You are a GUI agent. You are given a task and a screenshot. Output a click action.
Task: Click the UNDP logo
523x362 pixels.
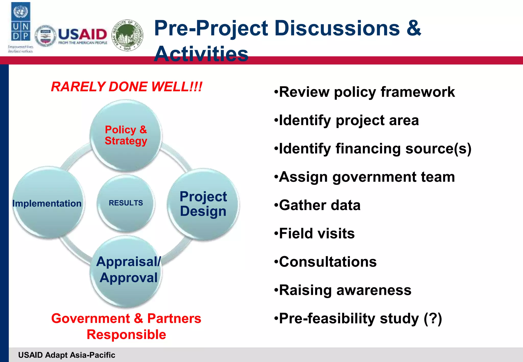click(21, 26)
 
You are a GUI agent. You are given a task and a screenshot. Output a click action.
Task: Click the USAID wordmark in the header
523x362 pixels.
click(82, 35)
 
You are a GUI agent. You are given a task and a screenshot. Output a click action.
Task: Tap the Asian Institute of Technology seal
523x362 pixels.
click(128, 35)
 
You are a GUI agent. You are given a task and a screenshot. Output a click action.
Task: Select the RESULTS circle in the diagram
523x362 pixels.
click(126, 203)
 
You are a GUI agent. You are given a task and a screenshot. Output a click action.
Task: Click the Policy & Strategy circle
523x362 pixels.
click(126, 135)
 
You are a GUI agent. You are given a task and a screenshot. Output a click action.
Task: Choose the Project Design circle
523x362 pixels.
click(203, 204)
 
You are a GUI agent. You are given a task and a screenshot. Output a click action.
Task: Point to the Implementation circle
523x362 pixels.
click(47, 203)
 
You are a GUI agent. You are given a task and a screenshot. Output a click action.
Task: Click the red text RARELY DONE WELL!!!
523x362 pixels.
click(127, 87)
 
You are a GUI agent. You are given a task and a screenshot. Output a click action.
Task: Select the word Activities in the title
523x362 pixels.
click(201, 54)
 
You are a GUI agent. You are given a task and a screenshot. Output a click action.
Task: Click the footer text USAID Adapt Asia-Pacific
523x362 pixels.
click(67, 355)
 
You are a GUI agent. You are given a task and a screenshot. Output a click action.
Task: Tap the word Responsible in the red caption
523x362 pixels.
click(126, 335)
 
